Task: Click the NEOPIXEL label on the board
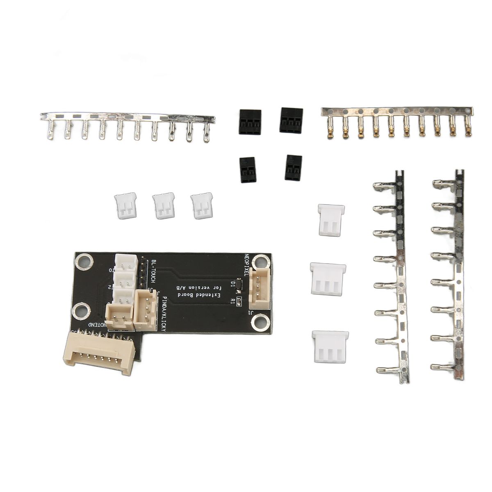pyautogui.click(x=247, y=264)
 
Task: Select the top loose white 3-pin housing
pyautogui.click(x=332, y=220)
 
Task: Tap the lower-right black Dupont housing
pyautogui.click(x=293, y=167)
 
